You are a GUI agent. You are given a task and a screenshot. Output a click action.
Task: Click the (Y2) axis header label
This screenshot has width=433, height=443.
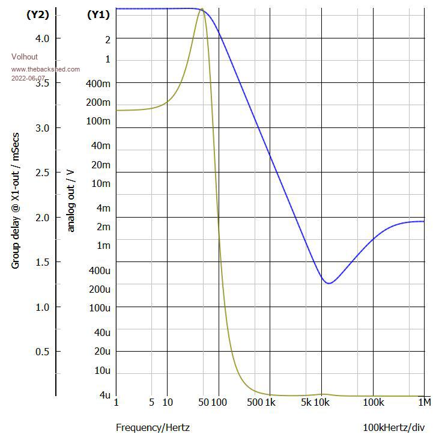(x=37, y=15)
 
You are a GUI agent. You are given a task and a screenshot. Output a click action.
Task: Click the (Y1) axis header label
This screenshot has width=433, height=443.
(x=98, y=15)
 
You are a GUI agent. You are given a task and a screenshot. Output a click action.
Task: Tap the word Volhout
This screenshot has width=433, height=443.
(x=24, y=57)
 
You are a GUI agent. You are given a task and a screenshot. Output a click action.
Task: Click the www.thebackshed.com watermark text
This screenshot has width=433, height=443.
(x=46, y=69)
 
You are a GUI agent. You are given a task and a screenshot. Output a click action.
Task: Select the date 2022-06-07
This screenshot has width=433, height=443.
(x=28, y=79)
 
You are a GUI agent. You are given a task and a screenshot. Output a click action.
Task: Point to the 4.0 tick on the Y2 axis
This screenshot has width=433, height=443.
(x=41, y=38)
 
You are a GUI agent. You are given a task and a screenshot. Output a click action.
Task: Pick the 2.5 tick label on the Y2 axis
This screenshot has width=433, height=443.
(x=41, y=173)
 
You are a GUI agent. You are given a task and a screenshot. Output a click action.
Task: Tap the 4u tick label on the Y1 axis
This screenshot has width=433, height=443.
(x=105, y=395)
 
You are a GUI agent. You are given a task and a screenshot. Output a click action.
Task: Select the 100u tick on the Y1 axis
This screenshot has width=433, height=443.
(x=100, y=308)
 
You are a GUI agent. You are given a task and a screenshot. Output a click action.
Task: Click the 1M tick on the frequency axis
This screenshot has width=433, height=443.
(x=425, y=402)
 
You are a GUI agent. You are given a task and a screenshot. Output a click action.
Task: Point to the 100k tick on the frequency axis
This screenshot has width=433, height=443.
(x=374, y=402)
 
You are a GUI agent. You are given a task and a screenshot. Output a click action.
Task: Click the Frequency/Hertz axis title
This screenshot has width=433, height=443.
(x=153, y=428)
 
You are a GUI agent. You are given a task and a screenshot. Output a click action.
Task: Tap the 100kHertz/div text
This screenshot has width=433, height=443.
(x=393, y=428)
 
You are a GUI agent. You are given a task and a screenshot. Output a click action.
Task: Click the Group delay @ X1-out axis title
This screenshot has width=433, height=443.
(x=16, y=200)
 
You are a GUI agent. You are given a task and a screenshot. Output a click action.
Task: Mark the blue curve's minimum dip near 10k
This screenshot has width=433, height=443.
(x=328, y=283)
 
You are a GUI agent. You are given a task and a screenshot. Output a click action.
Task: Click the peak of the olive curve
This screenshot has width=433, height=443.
(x=202, y=9)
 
